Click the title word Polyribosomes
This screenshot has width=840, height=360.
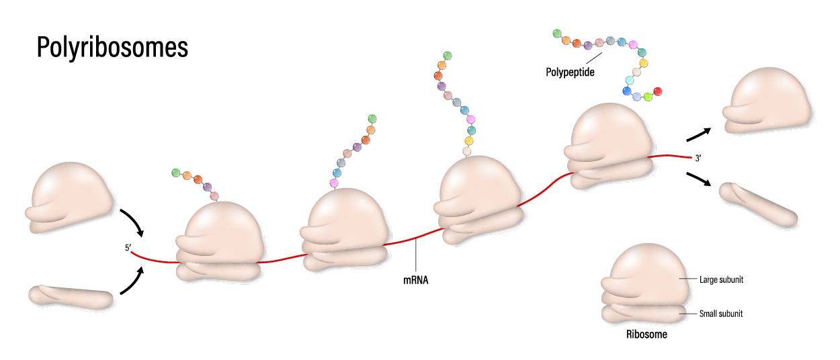click(x=112, y=49)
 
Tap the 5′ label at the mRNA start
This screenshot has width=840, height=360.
click(x=128, y=249)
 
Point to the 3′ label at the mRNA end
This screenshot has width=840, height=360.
click(x=699, y=159)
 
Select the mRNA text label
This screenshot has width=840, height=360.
click(x=416, y=281)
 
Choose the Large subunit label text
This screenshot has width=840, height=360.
click(x=721, y=280)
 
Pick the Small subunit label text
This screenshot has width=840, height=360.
click(x=721, y=314)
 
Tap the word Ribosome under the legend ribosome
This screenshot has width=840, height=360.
click(x=646, y=334)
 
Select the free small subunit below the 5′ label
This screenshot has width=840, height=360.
click(x=71, y=296)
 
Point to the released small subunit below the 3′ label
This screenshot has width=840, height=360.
click(x=758, y=204)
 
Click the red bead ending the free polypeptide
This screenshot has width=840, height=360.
click(x=658, y=91)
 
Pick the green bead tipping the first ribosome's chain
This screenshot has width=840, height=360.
click(x=176, y=173)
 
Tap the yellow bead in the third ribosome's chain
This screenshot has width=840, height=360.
click(x=470, y=140)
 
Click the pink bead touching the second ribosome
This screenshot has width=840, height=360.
click(x=334, y=183)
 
